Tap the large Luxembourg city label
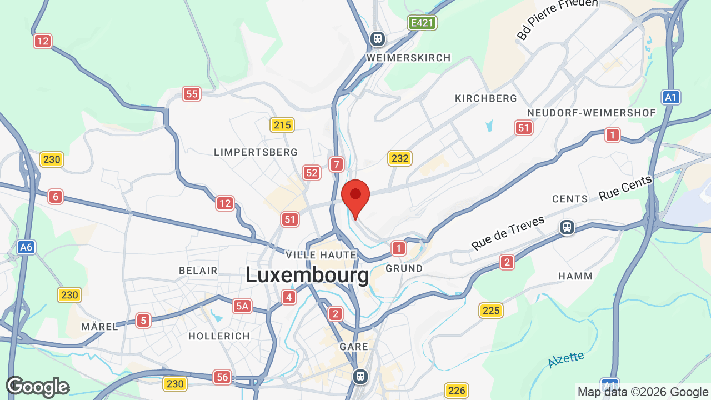pyautogui.click(x=307, y=275)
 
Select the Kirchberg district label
pyautogui.click(x=486, y=98)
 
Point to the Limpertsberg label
pyautogui.click(x=256, y=152)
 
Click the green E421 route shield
pyautogui.click(x=422, y=23)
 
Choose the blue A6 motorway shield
pyautogui.click(x=26, y=247)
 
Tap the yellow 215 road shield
pyautogui.click(x=282, y=125)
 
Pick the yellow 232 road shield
pyautogui.click(x=399, y=158)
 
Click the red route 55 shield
pyautogui.click(x=192, y=94)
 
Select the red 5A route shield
pyautogui.click(x=242, y=306)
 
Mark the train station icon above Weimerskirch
pyautogui.click(x=378, y=39)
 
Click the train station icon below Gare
pyautogui.click(x=360, y=376)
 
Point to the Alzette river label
pyautogui.click(x=565, y=359)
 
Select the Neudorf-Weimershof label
pyautogui.click(x=592, y=113)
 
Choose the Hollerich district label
pyautogui.click(x=219, y=336)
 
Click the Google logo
pyautogui.click(x=37, y=387)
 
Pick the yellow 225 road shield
pyautogui.click(x=491, y=310)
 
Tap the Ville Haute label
pyautogui.click(x=321, y=255)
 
